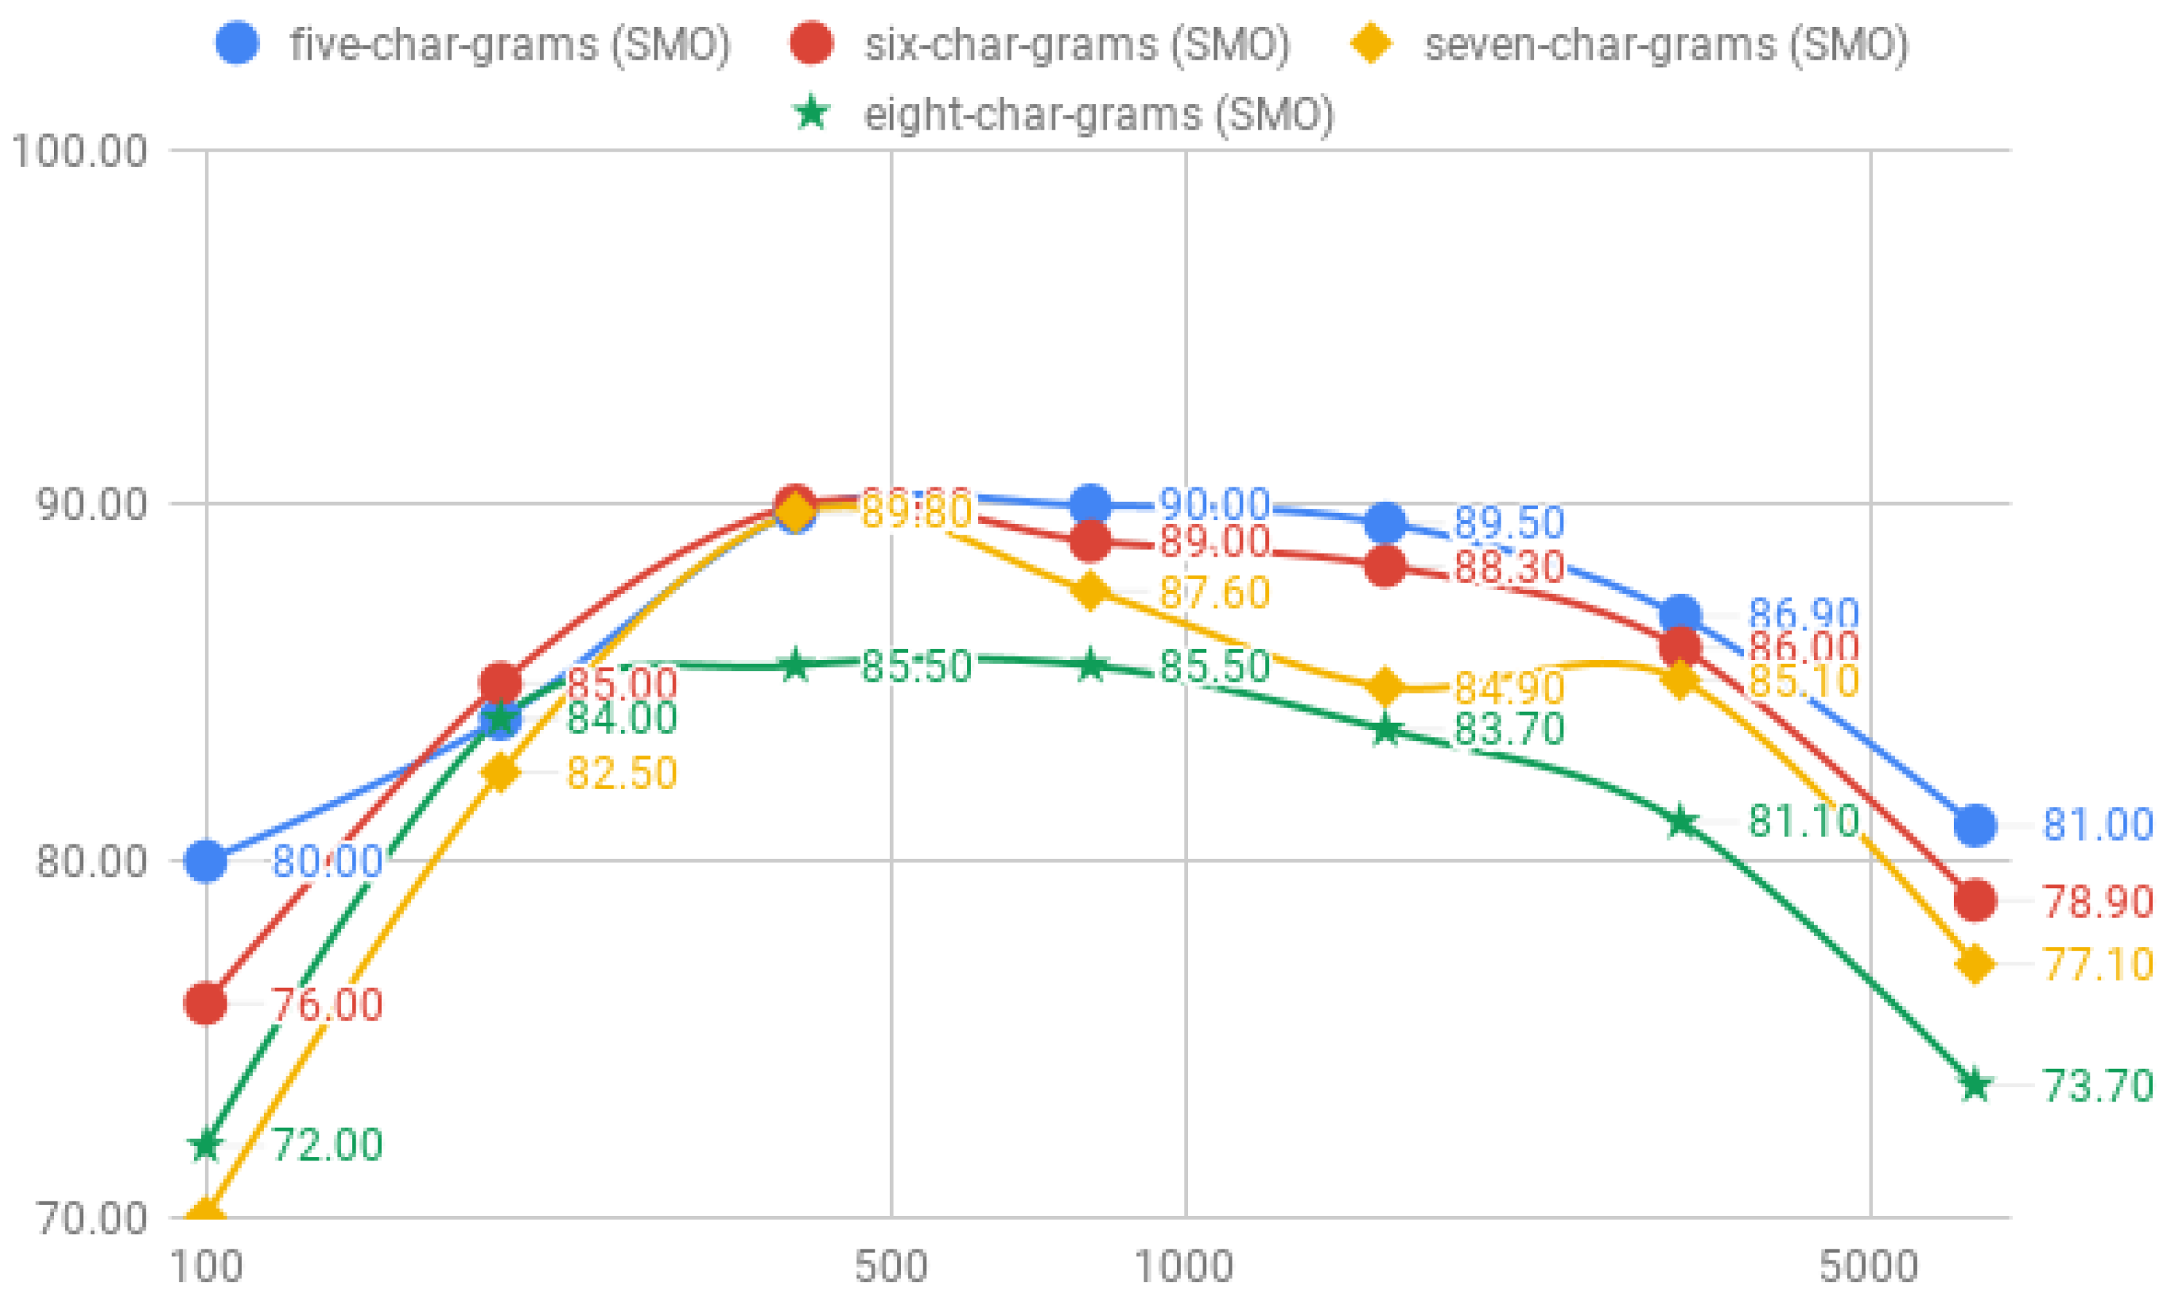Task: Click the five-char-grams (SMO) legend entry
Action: coord(474,44)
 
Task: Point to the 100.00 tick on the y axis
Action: coord(79,151)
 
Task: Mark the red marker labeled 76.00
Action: coord(206,1003)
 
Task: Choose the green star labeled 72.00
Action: coord(206,1145)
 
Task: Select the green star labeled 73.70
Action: coord(1975,1084)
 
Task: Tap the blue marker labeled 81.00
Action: coord(1975,825)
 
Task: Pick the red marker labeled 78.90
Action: coord(1975,900)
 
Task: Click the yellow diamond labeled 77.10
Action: coord(1975,964)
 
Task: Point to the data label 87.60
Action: coord(1214,592)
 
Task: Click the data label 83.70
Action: coord(1509,729)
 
